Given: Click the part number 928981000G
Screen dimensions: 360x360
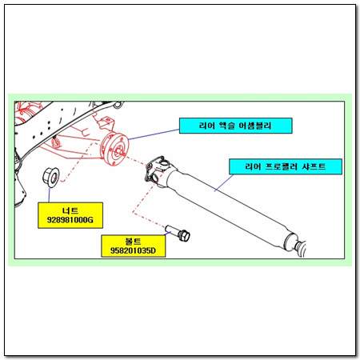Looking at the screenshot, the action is click(70, 220).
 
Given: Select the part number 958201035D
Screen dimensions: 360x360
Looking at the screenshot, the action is click(133, 250).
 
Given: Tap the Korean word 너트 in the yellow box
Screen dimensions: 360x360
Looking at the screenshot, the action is click(70, 210).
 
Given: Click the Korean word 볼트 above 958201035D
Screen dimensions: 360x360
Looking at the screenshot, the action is click(133, 242).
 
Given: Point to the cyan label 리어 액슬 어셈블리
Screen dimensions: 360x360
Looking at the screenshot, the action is click(235, 126).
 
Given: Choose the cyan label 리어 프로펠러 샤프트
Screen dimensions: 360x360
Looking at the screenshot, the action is click(286, 166).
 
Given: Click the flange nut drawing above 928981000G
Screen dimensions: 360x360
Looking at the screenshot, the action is click(51, 177).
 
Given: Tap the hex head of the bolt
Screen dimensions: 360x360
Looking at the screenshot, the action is click(184, 236).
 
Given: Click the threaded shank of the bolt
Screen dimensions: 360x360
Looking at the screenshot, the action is click(172, 230).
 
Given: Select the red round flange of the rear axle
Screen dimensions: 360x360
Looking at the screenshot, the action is click(115, 150).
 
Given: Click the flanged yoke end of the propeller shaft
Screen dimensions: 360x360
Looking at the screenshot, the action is click(158, 170).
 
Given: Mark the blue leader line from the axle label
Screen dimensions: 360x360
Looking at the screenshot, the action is click(154, 134).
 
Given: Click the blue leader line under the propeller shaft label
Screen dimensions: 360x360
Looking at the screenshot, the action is click(224, 182).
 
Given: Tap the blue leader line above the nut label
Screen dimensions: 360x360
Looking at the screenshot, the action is click(50, 195).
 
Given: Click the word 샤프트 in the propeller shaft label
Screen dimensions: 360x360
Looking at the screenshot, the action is click(314, 166).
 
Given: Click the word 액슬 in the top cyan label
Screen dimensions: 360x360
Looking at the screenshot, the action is click(227, 126).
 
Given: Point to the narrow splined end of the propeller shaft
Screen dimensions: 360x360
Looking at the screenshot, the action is click(301, 249).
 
